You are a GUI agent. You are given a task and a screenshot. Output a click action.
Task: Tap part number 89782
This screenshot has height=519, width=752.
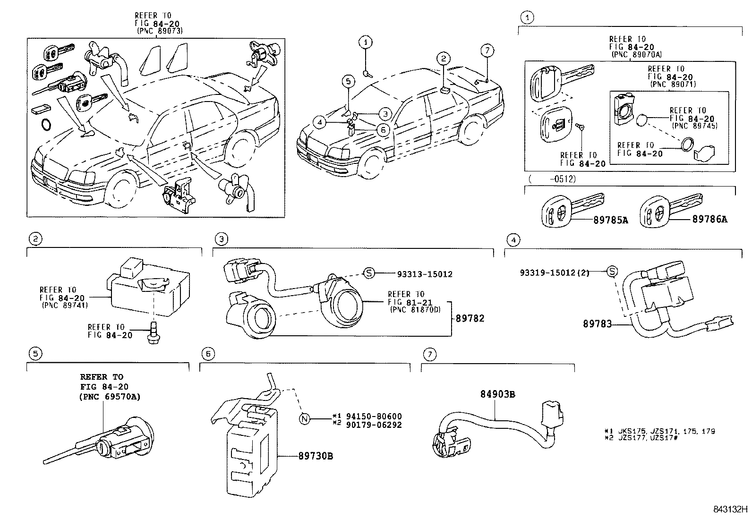click(x=470, y=319)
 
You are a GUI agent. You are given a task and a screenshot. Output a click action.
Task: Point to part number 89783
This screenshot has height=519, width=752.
click(x=597, y=324)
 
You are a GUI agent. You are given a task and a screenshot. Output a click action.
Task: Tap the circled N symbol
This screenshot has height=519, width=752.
click(x=305, y=418)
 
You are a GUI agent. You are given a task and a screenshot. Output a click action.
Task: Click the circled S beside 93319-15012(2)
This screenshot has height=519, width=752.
click(x=612, y=272)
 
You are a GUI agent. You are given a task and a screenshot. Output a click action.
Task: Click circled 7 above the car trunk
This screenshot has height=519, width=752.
click(x=488, y=51)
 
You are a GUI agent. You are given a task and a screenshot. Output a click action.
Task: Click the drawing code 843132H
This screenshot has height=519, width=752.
click(x=730, y=510)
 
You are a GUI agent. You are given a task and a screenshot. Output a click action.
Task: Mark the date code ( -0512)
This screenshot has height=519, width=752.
click(x=552, y=179)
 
